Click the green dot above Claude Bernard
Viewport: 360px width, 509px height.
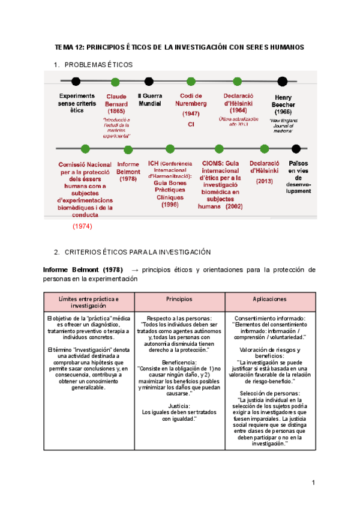115,81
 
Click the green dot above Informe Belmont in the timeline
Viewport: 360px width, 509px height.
128,149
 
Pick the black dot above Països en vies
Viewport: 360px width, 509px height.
296,148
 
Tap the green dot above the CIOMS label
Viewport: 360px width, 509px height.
219,149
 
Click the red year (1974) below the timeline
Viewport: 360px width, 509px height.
82,226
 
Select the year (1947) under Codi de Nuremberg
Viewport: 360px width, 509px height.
191,113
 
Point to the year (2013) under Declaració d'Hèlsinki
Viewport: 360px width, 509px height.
265,181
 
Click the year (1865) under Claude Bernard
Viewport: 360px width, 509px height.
116,111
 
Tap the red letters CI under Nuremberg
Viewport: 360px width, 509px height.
191,124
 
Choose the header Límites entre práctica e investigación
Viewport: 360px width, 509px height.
89,302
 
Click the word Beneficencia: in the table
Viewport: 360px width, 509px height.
179,363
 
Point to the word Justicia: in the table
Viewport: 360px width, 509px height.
179,406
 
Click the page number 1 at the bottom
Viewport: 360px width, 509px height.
313,483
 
